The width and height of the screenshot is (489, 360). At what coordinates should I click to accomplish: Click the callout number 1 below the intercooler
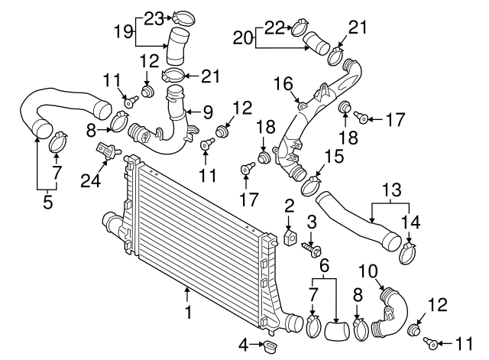pos(187,311)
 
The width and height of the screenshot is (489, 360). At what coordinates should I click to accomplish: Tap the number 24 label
pos(92,181)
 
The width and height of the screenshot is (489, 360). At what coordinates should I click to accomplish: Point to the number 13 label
pos(391,188)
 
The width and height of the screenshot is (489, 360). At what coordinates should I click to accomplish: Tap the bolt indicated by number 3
pos(314,248)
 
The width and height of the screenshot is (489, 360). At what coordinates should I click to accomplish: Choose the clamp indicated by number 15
pos(311,183)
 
